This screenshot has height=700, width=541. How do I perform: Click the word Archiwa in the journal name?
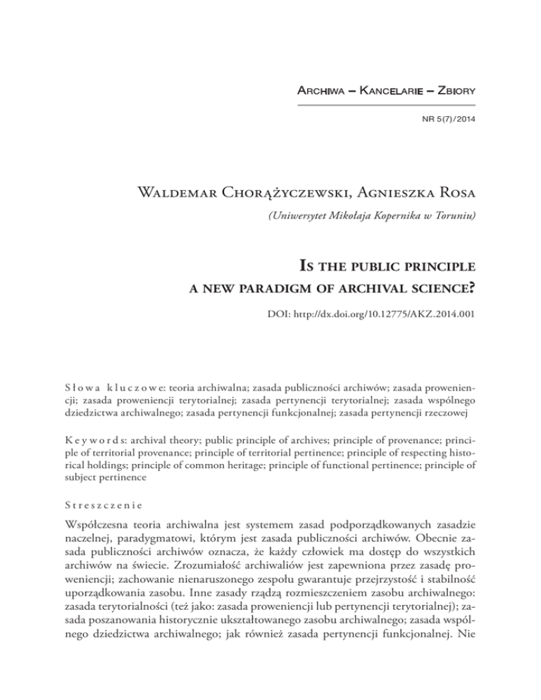click(x=323, y=92)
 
